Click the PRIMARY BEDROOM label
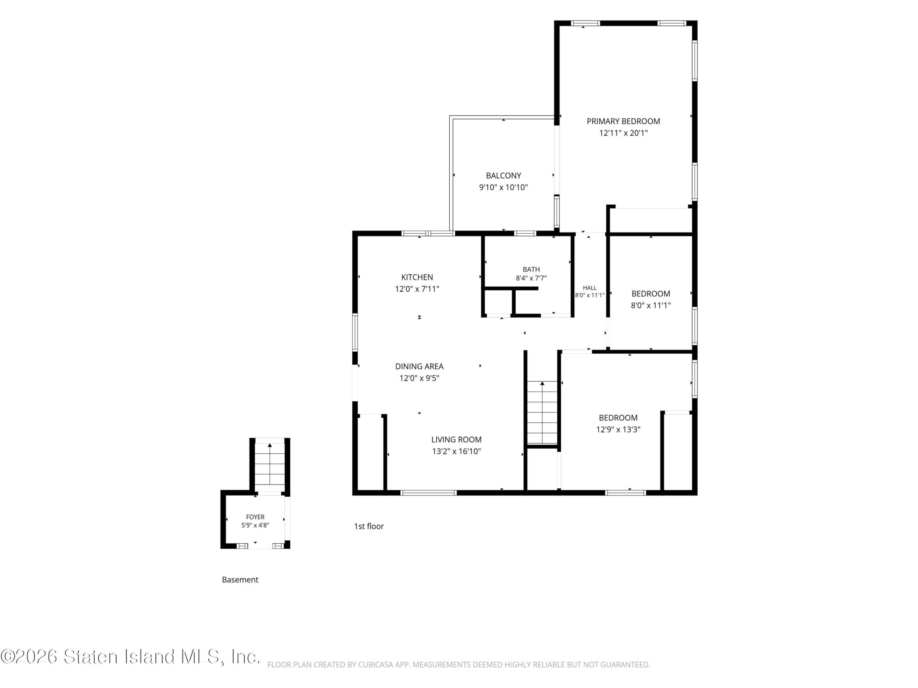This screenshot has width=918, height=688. (x=623, y=121)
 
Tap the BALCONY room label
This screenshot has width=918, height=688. (x=503, y=176)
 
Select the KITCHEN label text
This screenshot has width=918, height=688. (x=417, y=277)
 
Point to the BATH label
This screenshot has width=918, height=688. (x=531, y=269)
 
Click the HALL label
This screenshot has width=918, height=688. (x=590, y=288)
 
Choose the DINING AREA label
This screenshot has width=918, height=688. (x=419, y=366)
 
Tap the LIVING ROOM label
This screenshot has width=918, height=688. (x=456, y=439)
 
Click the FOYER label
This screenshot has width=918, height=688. (x=255, y=517)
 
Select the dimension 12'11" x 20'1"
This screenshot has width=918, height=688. (x=623, y=133)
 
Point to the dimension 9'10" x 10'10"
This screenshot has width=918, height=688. (x=503, y=187)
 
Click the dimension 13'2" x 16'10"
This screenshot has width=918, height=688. (x=456, y=451)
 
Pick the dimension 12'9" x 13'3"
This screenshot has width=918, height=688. (x=618, y=429)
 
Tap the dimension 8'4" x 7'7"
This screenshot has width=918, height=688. (x=531, y=278)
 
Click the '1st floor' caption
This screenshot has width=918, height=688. (x=369, y=526)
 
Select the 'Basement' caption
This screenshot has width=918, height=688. (x=240, y=579)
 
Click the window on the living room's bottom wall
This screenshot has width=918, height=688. (x=428, y=493)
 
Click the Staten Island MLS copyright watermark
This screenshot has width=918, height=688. (x=130, y=656)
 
